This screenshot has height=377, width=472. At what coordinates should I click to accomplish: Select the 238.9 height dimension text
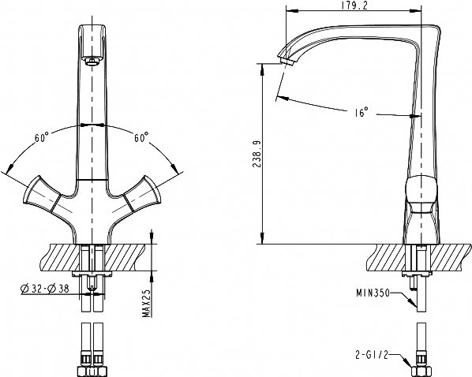(x=257, y=154)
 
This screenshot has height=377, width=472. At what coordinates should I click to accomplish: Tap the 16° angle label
(x=361, y=112)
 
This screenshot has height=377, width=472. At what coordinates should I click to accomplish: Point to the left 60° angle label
(x=42, y=137)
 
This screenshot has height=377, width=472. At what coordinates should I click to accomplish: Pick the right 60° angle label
(x=141, y=137)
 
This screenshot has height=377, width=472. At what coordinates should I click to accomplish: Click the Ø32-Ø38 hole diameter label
(x=45, y=289)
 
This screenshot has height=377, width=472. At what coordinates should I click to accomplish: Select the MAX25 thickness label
(x=147, y=304)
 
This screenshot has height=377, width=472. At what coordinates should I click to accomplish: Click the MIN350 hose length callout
(x=373, y=293)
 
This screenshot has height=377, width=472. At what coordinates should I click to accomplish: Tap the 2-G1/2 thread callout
(x=372, y=356)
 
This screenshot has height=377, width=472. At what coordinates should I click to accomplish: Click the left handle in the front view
(x=42, y=194)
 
